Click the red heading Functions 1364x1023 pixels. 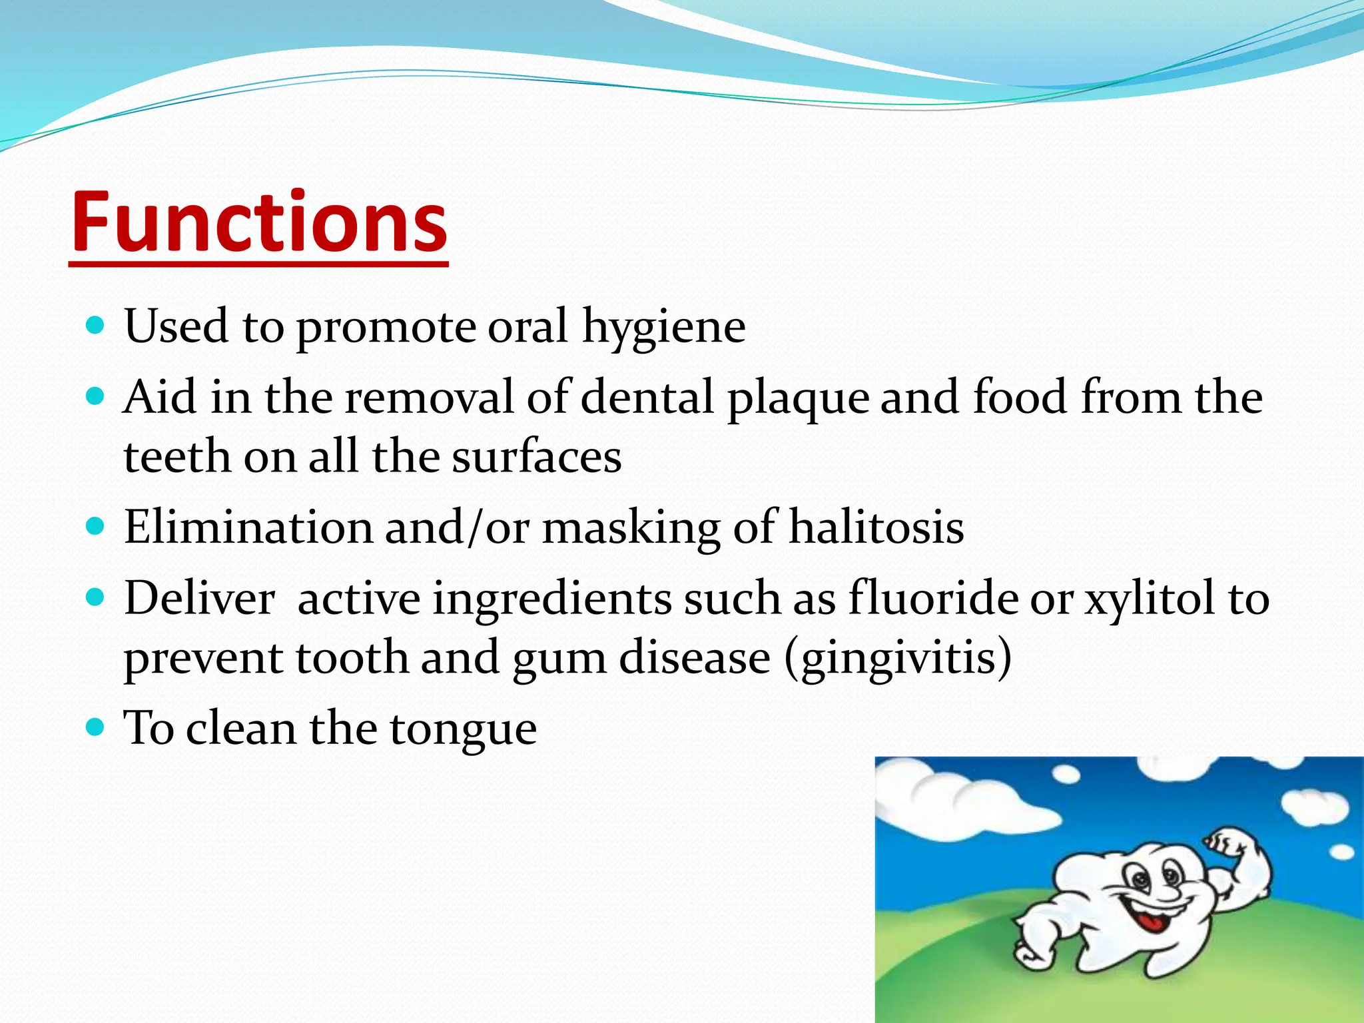(x=259, y=222)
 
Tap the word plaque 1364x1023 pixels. (x=797, y=398)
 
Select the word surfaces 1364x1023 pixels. (x=536, y=458)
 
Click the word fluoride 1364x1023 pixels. (x=932, y=597)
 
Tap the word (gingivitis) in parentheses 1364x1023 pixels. (x=897, y=658)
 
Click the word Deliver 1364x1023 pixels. (x=199, y=597)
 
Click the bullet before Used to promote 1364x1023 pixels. (x=96, y=326)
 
